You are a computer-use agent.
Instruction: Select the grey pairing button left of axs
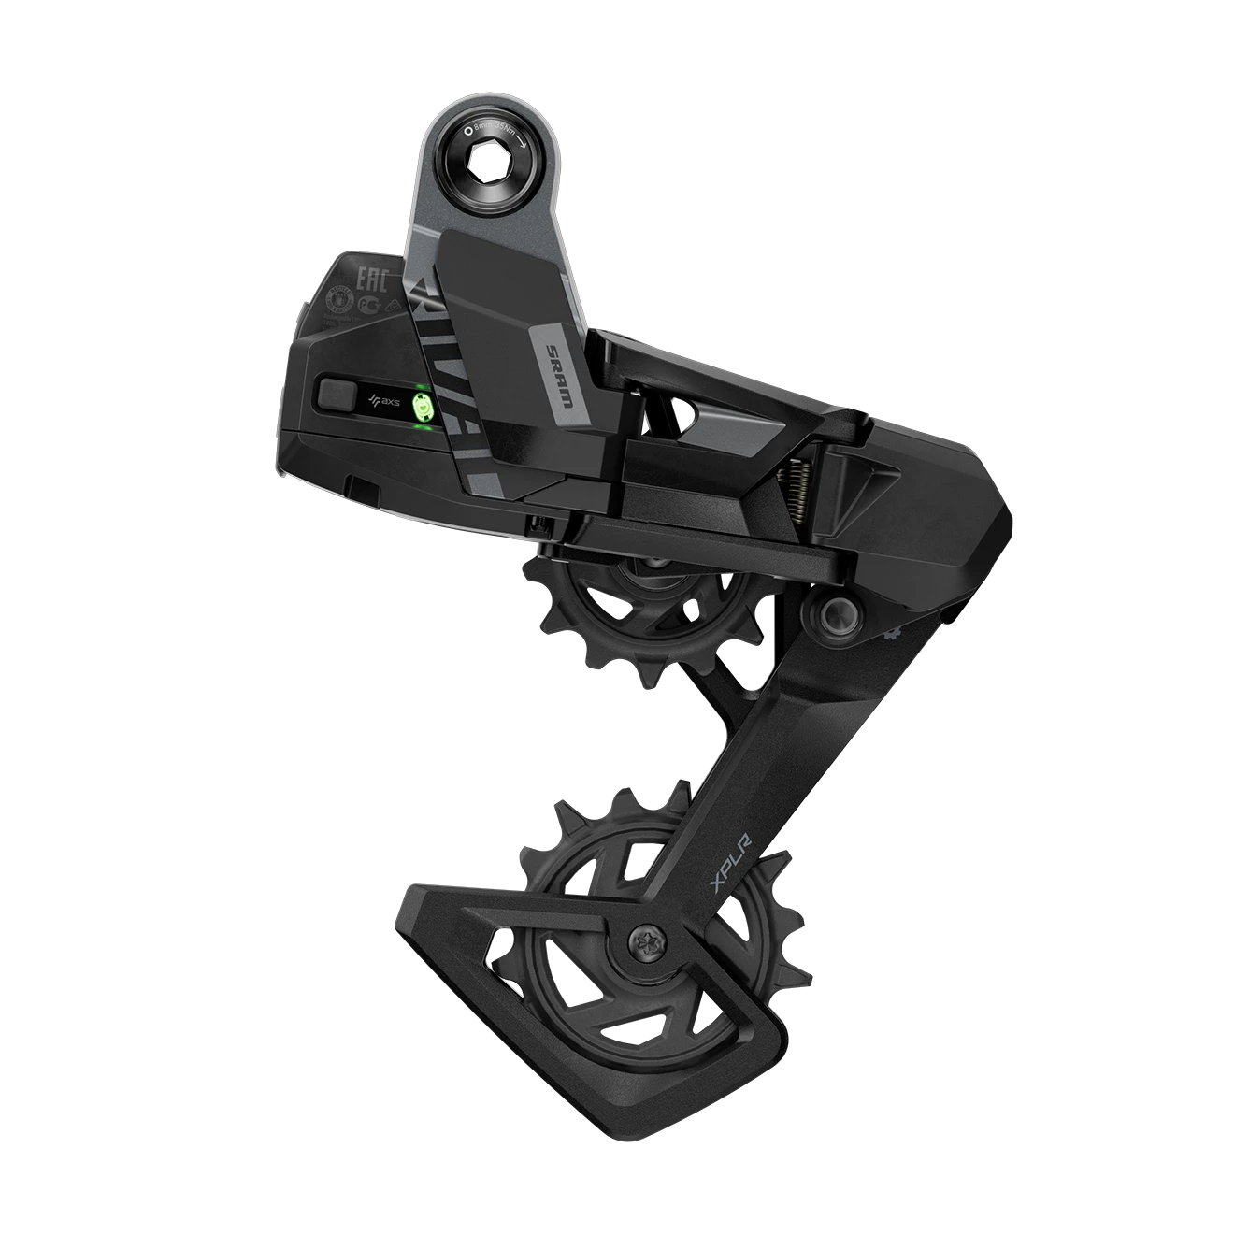[x=337, y=393]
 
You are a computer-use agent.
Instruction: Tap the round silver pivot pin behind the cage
[x=830, y=612]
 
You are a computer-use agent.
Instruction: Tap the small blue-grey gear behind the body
[x=888, y=635]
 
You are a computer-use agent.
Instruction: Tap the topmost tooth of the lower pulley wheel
[x=616, y=791]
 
